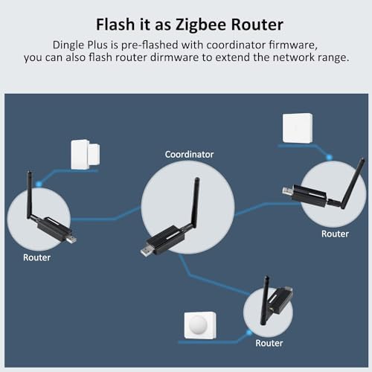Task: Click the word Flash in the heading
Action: tap(115, 25)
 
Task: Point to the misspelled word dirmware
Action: tap(174, 57)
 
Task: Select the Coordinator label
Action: tap(189, 155)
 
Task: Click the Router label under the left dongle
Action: tap(36, 257)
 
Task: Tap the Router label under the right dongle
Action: tap(335, 234)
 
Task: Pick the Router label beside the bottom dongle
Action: tap(269, 343)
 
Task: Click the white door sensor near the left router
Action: tap(86, 155)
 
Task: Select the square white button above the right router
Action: tap(298, 128)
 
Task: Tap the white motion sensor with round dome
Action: tap(200, 325)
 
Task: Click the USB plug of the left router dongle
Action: tap(71, 239)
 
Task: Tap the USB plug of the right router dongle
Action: tap(288, 190)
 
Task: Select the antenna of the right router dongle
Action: tap(352, 184)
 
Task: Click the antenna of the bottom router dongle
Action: tap(265, 300)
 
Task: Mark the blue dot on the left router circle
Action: tap(39, 185)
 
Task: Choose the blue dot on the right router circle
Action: tap(329, 157)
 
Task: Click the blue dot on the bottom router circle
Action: tap(248, 333)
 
